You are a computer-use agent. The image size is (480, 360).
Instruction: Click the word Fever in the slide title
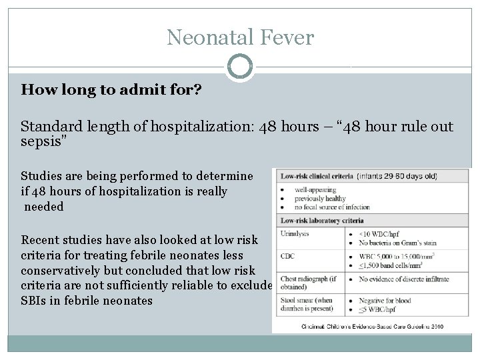tap(289, 37)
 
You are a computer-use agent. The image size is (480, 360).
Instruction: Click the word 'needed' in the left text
tap(44, 207)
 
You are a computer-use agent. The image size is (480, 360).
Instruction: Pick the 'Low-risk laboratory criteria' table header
tap(322, 221)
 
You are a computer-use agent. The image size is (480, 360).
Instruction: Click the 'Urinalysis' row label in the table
tap(297, 233)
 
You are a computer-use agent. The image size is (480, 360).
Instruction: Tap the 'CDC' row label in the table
tap(289, 255)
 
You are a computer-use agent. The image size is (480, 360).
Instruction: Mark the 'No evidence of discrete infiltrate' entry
tap(405, 279)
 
